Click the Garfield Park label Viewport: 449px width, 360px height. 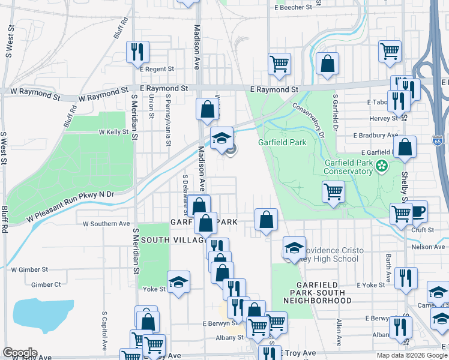282,142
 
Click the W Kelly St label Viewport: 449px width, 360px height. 114,131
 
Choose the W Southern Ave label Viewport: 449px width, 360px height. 106,224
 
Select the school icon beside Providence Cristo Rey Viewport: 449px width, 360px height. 294,247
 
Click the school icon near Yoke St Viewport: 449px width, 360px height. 178,282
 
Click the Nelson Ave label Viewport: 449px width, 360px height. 428,247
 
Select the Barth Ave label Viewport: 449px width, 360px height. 388,268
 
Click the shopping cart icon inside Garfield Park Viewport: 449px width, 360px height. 333,192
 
